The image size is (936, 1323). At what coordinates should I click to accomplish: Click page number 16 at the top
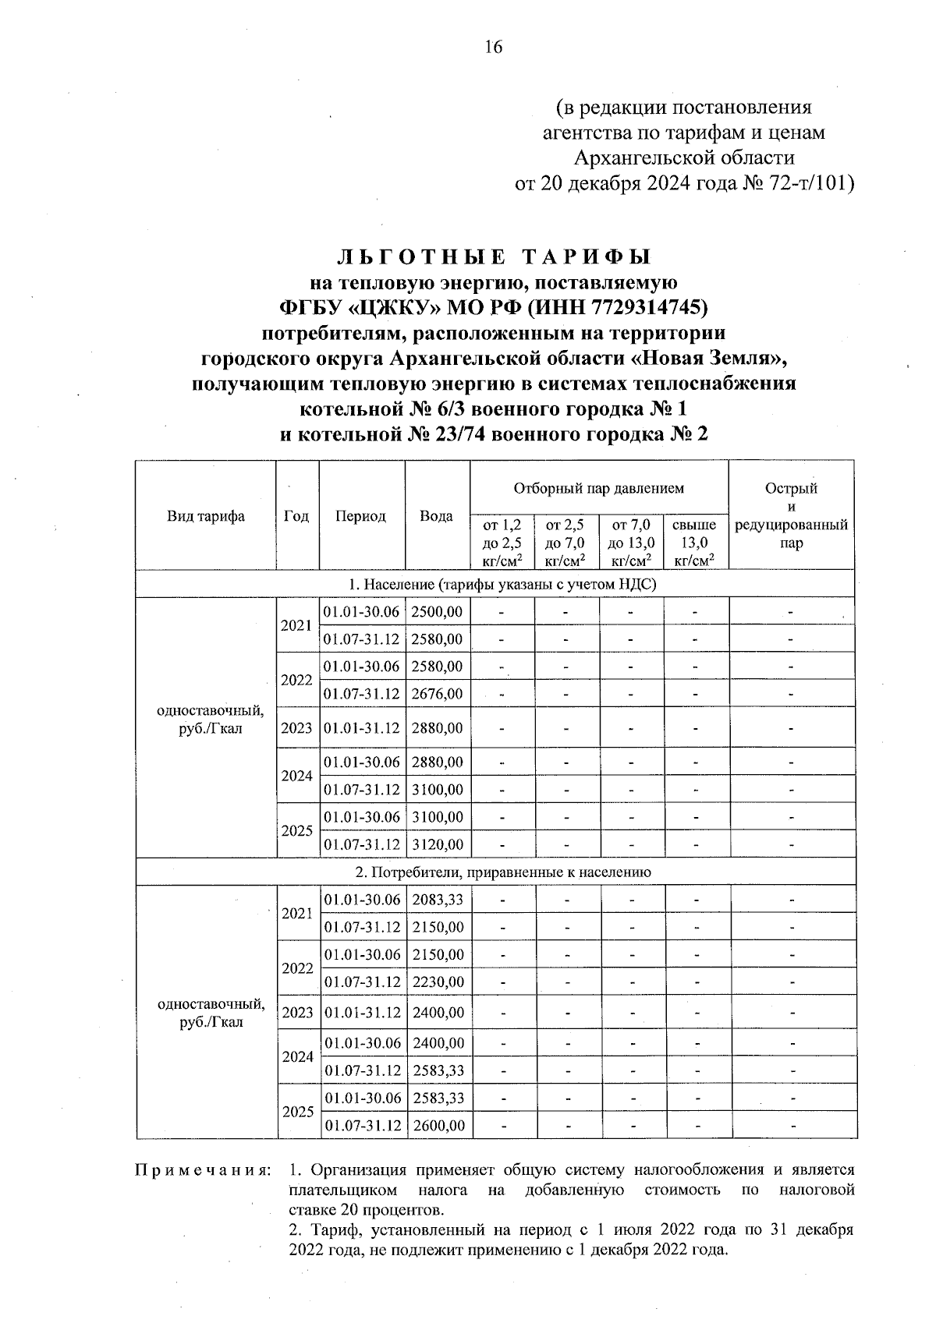pos(494,48)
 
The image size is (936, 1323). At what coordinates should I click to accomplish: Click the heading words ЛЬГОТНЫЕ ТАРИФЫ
pos(494,257)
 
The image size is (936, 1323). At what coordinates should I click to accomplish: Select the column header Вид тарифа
pos(206,516)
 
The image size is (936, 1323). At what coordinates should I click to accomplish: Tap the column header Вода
pos(436,516)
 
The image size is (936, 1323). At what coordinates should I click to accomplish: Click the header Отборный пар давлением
pos(598,489)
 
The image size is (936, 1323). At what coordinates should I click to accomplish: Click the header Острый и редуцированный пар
pos(791,516)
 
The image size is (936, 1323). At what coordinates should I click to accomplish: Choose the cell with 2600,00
pos(438,1125)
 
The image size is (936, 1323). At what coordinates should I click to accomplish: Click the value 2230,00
pos(438,982)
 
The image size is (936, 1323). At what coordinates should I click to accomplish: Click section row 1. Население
pos(497,584)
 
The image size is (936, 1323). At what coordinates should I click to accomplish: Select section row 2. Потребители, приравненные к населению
pos(497,872)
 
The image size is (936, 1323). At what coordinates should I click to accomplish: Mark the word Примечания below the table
pos(203,1170)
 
